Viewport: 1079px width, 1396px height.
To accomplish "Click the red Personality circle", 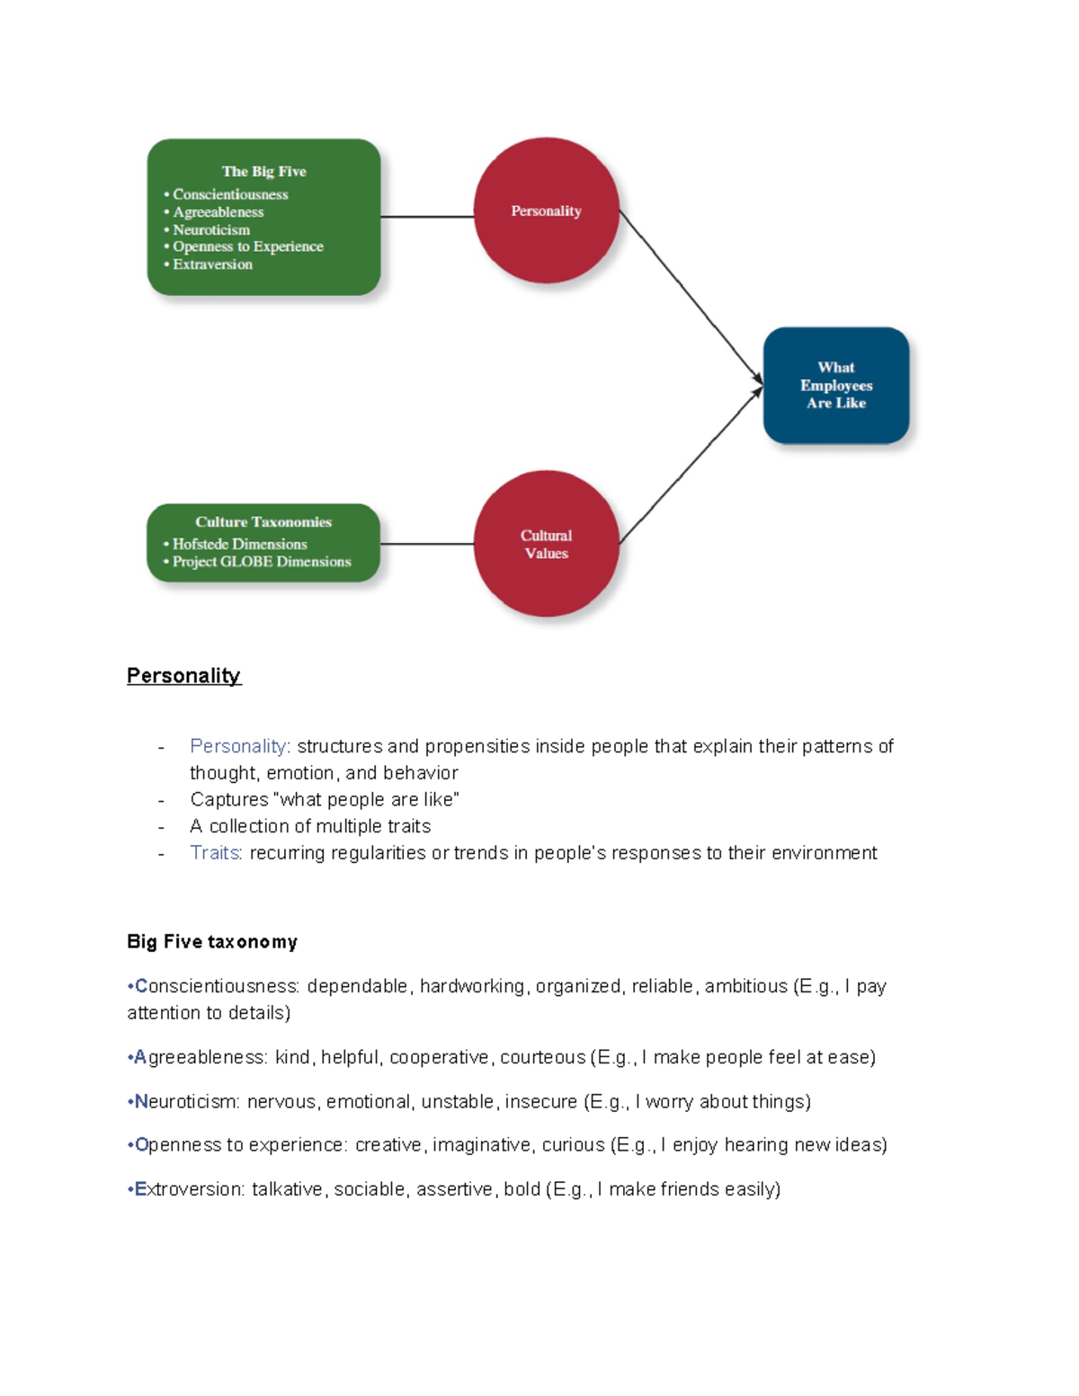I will [x=546, y=210].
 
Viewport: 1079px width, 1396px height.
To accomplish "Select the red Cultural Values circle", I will [x=546, y=544].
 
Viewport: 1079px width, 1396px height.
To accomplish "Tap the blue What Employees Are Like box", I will [x=836, y=386].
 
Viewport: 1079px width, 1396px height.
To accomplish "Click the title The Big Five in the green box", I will [x=263, y=172].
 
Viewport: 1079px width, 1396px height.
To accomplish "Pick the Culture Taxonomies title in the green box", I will [x=263, y=522].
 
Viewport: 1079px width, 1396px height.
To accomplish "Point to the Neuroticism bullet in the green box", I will [x=211, y=230].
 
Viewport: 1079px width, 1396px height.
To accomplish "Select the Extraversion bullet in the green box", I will [x=212, y=264].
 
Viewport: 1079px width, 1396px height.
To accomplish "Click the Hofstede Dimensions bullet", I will [x=239, y=544].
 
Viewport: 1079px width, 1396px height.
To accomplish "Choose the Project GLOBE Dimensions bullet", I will [x=262, y=562].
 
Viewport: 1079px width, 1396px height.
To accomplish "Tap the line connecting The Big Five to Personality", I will [x=427, y=217].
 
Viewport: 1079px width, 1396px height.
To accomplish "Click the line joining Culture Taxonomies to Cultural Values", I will [x=427, y=544].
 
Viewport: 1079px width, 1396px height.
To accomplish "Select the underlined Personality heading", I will [x=183, y=676].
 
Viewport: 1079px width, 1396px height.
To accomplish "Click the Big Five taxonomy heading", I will [x=212, y=942].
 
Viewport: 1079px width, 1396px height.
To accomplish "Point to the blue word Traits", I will [x=215, y=853].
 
